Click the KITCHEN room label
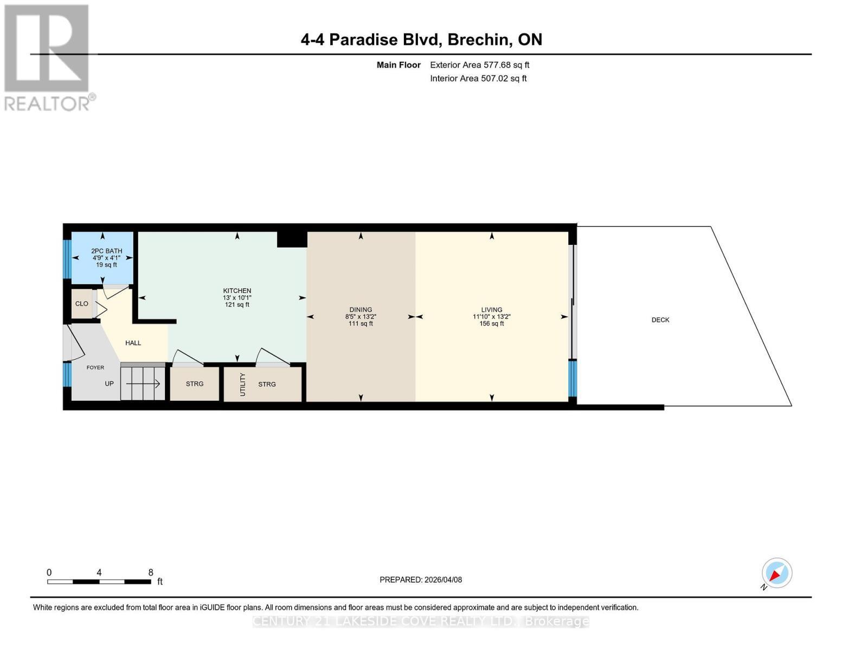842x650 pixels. coord(237,291)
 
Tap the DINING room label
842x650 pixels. coord(361,310)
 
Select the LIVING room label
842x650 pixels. coord(491,310)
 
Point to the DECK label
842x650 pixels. coord(660,320)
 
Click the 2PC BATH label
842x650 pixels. coord(106,251)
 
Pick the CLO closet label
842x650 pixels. coord(81,304)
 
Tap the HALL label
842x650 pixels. coord(133,343)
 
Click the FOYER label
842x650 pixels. coord(95,368)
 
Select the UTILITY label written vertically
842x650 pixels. coord(242,384)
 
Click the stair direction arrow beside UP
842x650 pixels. coord(144,384)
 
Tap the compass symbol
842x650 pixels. coord(776,573)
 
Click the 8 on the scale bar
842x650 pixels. coord(151,573)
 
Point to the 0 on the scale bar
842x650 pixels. coord(49,573)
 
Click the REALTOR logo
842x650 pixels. coord(48,57)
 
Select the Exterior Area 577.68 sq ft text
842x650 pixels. coord(479,65)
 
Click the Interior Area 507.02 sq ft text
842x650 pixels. coord(478,79)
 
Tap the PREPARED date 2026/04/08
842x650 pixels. coord(421,580)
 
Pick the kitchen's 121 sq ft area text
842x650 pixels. coord(237,305)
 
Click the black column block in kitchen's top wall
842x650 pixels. coord(292,239)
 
